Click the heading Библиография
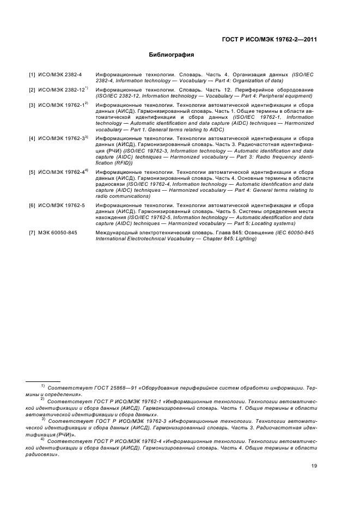coord(172,55)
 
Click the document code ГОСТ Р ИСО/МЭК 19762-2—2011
coord(270,39)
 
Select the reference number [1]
coord(32,74)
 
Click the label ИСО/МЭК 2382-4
coord(60,74)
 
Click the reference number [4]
coord(32,139)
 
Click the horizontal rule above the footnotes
coord(44,381)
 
